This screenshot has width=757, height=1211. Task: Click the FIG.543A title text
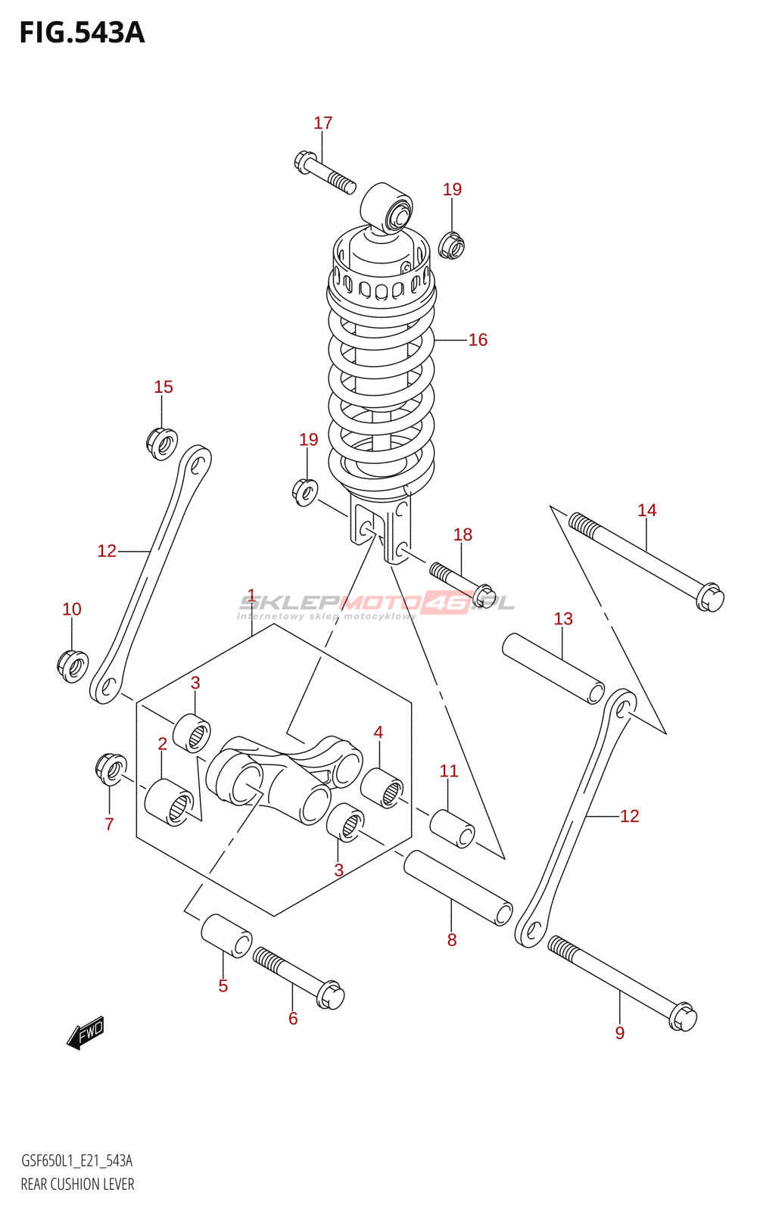[83, 33]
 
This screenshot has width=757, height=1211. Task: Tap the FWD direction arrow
[86, 1032]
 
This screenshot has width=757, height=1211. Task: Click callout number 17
[322, 123]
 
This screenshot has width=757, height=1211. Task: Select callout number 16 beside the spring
[478, 340]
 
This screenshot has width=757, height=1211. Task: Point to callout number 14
[646, 510]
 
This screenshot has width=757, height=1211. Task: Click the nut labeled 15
[162, 444]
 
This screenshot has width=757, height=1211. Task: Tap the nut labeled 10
[73, 667]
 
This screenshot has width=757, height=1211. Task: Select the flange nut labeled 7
[111, 769]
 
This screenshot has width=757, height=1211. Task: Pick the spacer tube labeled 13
[553, 669]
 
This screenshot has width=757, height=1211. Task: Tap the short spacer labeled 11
[452, 828]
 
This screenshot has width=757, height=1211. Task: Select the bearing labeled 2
[170, 802]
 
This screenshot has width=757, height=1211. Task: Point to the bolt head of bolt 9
[683, 1017]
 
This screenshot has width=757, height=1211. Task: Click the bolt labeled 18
[463, 586]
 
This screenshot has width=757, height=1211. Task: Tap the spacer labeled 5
[226, 935]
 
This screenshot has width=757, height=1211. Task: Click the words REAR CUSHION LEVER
[78, 1184]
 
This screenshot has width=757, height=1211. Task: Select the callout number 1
[251, 595]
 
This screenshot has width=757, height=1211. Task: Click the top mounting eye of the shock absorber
[387, 208]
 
